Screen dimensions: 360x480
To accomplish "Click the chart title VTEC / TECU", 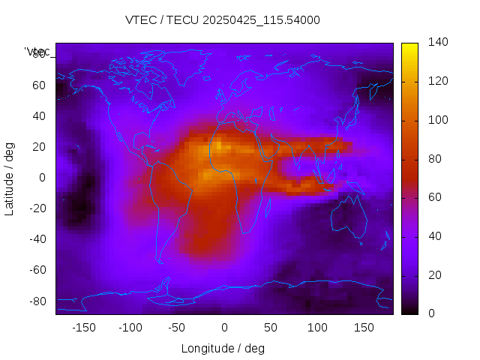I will (x=223, y=20).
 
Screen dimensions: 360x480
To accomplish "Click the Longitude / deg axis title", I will (x=223, y=348).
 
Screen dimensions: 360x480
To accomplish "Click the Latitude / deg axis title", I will (x=10, y=177).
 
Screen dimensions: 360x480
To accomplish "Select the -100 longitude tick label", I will (x=130, y=328).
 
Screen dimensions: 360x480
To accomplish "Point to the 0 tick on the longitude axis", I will (x=223, y=328).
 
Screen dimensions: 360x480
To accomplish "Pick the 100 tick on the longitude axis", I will (x=317, y=328).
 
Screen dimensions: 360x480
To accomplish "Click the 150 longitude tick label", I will (x=364, y=328).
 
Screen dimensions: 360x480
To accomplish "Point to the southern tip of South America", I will (x=160, y=260).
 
